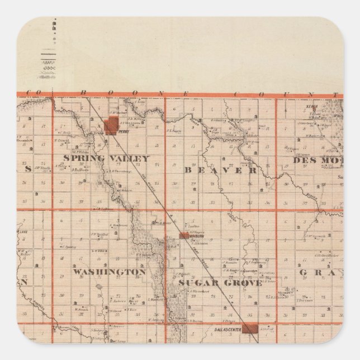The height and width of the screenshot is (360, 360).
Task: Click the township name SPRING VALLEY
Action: [106, 158]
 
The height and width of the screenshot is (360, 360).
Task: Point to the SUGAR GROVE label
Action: [220, 283]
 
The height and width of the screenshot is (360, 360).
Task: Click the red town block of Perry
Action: [113, 125]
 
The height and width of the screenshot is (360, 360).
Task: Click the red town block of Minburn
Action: [183, 236]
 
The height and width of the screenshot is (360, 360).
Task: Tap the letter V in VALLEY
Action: [118, 158]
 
